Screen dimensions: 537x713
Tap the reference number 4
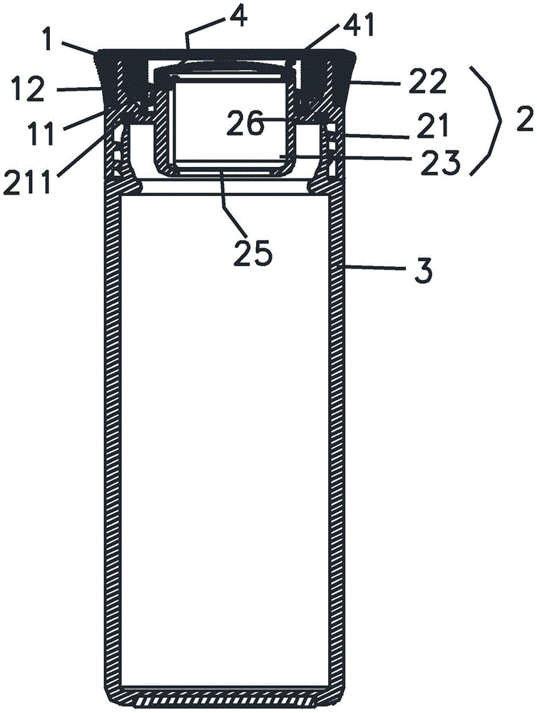point(238,16)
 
